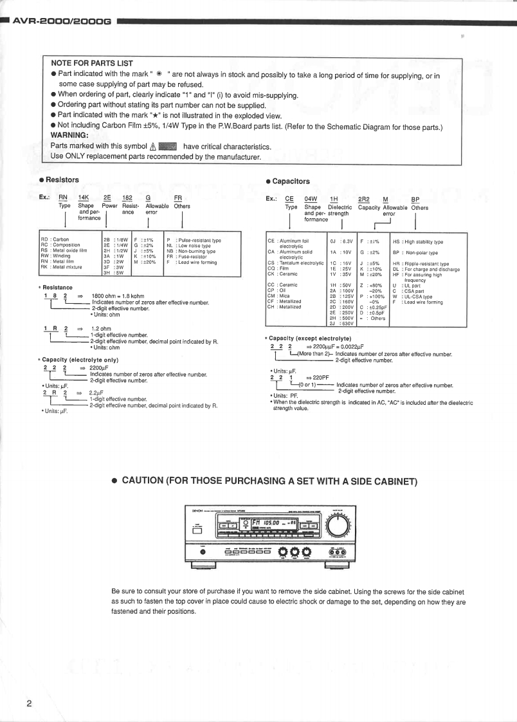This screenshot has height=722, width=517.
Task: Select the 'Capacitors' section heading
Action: click(x=291, y=181)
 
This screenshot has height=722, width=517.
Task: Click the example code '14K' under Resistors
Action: click(x=84, y=198)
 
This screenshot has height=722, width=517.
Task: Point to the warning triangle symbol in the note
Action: click(x=152, y=146)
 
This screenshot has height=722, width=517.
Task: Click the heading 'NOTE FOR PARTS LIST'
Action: click(x=91, y=63)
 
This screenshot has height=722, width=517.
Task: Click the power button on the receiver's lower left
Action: click(x=204, y=551)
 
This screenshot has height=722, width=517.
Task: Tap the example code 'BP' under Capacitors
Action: click(x=415, y=200)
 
